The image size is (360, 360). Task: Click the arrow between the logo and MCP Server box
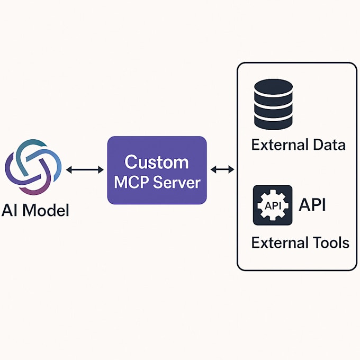(85, 169)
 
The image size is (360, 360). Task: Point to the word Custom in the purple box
(157, 162)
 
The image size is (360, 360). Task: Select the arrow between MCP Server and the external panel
(222, 169)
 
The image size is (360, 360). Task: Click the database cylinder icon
(274, 104)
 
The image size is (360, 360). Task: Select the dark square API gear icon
(273, 205)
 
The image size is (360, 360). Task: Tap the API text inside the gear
(273, 206)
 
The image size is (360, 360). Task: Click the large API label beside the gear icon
(312, 204)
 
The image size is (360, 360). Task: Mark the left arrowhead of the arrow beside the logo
(69, 169)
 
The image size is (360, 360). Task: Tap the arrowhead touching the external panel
(231, 169)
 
